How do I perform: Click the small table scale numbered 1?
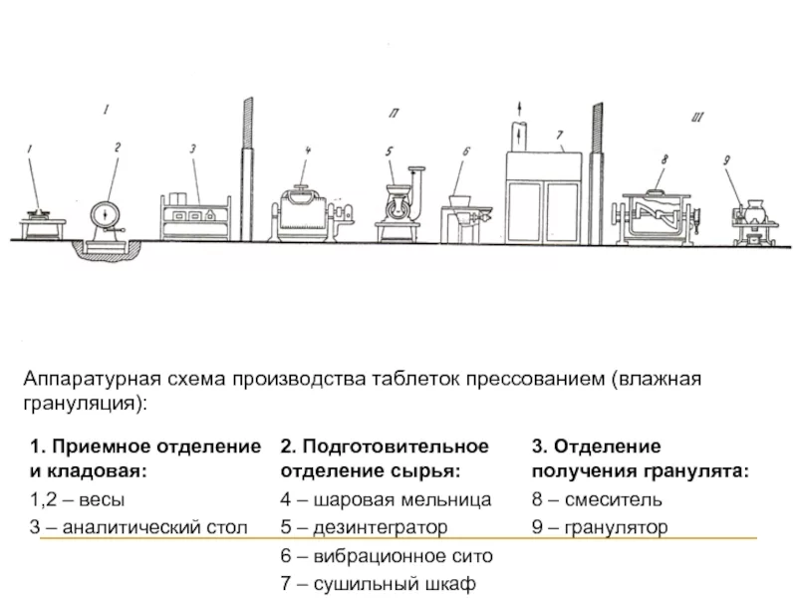(x=40, y=217)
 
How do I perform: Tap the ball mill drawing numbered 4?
(x=303, y=212)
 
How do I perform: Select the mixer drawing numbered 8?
(x=658, y=213)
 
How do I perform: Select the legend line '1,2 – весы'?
(x=78, y=498)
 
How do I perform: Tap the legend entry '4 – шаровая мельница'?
(x=386, y=498)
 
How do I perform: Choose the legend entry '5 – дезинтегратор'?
(x=364, y=526)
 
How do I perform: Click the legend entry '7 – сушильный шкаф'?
(x=379, y=583)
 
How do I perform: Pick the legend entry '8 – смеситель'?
(x=596, y=498)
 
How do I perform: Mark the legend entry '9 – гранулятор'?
(x=599, y=526)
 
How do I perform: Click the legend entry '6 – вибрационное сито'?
(x=386, y=555)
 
